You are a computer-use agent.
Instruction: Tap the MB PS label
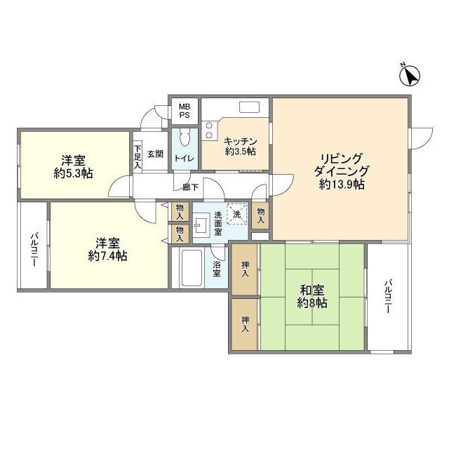(x=184, y=110)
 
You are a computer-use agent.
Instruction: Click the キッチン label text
(x=241, y=141)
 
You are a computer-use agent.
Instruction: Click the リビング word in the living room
(x=342, y=158)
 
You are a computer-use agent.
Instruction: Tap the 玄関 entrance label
(x=155, y=154)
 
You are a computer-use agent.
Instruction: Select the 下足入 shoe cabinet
(x=138, y=158)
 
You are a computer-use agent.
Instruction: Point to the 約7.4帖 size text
(x=108, y=256)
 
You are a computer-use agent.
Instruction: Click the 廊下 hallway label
(x=190, y=187)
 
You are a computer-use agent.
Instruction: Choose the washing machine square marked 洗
(x=237, y=213)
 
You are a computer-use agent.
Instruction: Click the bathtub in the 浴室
(x=190, y=269)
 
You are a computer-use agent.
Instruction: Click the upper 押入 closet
(x=245, y=269)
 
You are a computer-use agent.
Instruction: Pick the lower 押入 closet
(x=245, y=324)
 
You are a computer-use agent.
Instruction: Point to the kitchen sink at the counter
(x=250, y=107)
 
